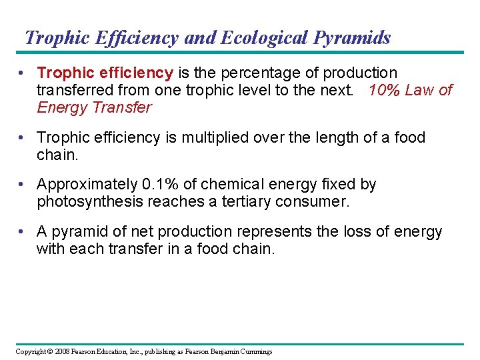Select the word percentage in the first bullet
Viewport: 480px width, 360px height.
(x=267, y=73)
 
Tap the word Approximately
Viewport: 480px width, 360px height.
(x=87, y=184)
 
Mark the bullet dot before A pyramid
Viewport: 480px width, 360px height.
(x=23, y=232)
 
